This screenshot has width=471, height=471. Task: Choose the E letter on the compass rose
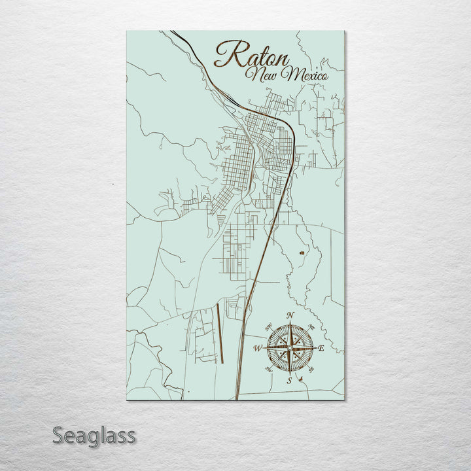click(321, 349)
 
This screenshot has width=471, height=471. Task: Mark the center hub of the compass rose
click(289, 348)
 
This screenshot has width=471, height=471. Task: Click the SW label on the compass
click(268, 370)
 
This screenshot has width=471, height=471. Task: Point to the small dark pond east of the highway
click(302, 252)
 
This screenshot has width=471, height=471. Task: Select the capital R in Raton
click(226, 54)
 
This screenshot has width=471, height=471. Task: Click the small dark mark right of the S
click(299, 379)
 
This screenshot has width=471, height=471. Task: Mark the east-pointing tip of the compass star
click(315, 348)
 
